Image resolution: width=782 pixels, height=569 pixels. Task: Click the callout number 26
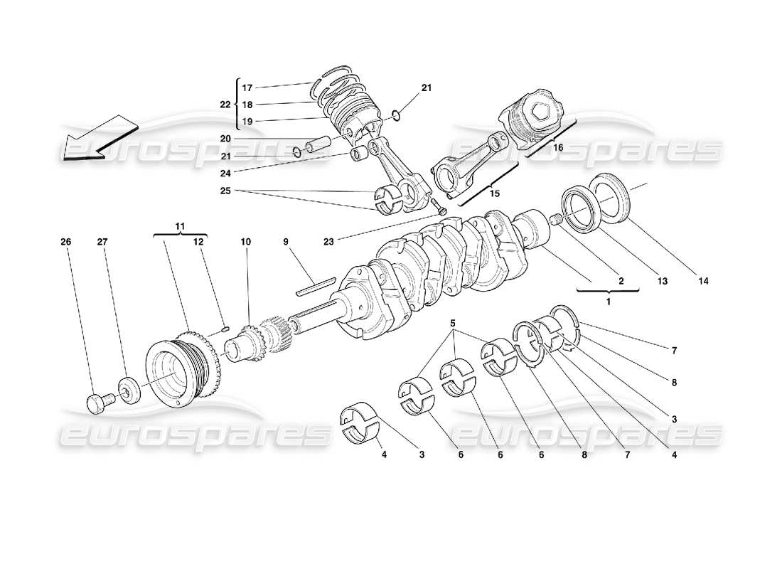65,242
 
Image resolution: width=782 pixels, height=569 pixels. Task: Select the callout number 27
102,242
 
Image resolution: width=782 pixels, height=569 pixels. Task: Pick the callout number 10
245,242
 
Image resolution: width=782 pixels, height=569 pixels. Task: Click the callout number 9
286,242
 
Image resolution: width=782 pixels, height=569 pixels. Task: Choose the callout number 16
557,147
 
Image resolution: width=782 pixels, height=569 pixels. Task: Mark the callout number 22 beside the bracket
225,105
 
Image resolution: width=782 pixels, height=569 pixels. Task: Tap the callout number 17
247,88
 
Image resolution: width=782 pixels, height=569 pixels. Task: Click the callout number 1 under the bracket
607,301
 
